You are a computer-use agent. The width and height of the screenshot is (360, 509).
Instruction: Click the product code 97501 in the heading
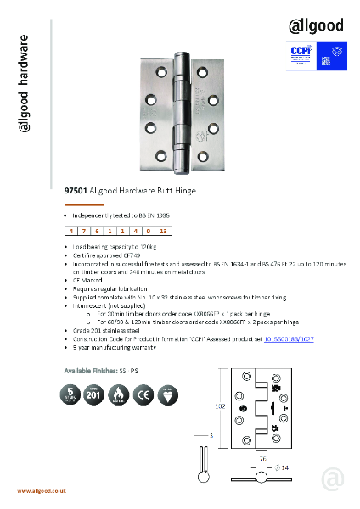(x=76, y=193)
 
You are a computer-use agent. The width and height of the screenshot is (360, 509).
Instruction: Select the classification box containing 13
(x=164, y=231)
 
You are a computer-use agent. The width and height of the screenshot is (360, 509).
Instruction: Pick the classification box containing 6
(x=99, y=231)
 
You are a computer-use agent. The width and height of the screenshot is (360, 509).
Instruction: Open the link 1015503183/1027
(x=290, y=338)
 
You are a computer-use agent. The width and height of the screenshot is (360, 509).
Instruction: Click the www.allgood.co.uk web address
(x=42, y=492)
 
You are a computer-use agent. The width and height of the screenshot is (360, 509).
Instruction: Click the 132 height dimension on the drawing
(x=220, y=407)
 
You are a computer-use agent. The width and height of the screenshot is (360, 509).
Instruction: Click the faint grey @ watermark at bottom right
(x=334, y=479)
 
